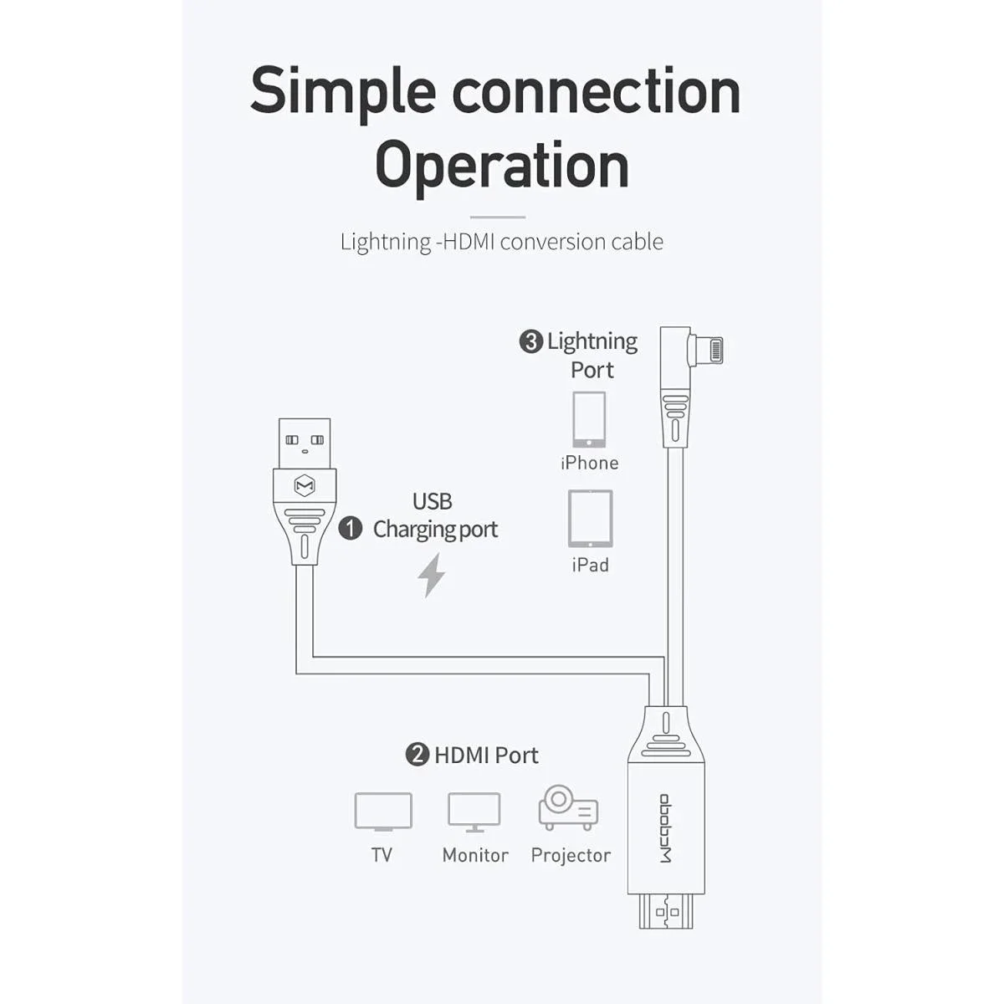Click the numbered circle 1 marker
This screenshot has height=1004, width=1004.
pos(350,528)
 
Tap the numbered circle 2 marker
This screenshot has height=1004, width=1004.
pos(417,755)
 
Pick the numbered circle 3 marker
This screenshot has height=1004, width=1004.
pos(531,342)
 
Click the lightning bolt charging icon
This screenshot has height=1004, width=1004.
pos(431,575)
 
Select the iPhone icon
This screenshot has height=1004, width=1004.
pos(589,420)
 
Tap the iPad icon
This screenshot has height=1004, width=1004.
pos(591,519)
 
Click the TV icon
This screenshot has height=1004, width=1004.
pos(383,812)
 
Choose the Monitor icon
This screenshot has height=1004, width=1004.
pos(474,812)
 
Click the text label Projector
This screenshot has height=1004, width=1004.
pos(571,855)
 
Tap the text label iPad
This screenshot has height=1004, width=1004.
pos(591,565)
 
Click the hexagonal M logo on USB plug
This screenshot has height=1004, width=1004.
pos(305,485)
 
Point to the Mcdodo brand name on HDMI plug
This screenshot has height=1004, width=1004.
pos(666,828)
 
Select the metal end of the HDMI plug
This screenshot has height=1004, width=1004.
pos(666,911)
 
